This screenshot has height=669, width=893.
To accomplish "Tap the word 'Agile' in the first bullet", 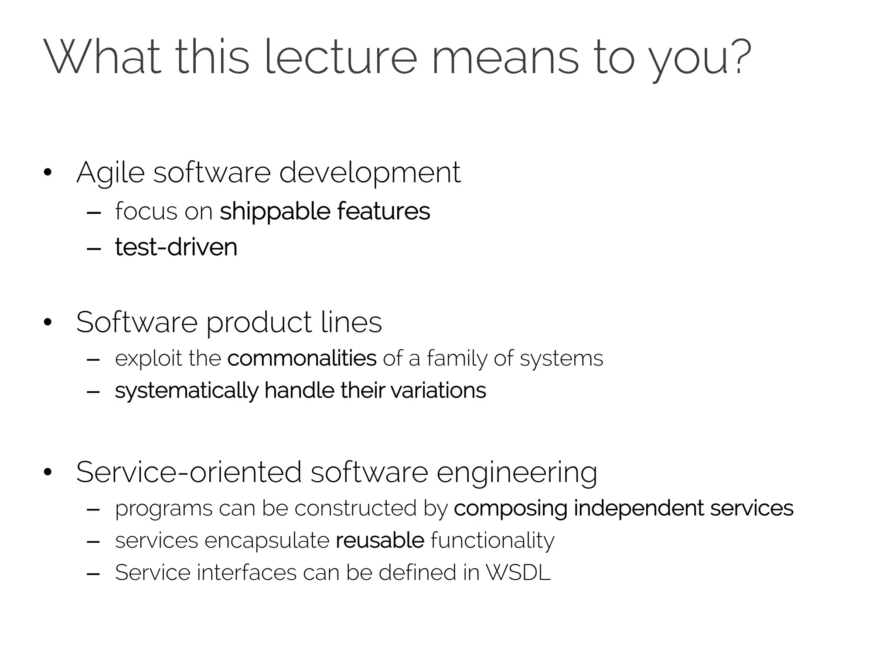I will click(x=110, y=173).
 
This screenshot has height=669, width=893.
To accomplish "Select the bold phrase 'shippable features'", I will click(x=325, y=211).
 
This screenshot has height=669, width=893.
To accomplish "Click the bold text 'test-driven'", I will click(x=176, y=247).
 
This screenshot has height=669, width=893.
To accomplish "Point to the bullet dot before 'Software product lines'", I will click(x=48, y=323).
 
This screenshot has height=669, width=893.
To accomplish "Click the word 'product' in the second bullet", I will click(x=259, y=323).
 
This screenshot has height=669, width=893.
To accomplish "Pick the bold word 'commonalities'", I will click(x=302, y=358).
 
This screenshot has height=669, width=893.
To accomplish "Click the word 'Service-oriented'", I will click(x=189, y=472).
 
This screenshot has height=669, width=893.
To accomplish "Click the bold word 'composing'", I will click(x=510, y=509).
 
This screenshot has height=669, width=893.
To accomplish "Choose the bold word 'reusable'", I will click(x=380, y=541).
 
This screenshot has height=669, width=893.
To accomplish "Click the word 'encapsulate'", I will click(x=267, y=541).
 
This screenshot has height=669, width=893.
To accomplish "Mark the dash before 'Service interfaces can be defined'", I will click(x=93, y=574).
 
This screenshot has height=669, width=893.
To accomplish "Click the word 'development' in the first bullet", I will click(x=369, y=173).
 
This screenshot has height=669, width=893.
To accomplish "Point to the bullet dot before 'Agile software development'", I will click(x=48, y=173).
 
